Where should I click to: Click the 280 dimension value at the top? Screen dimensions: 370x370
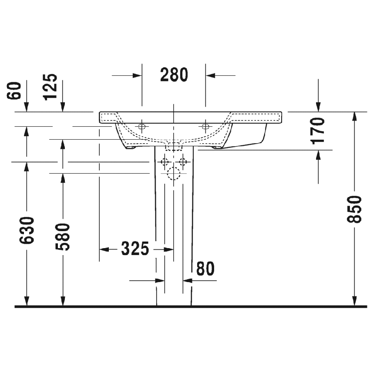point(174,75)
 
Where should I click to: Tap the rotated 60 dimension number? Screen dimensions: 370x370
point(15,91)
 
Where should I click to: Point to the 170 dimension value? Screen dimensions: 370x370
point(318,131)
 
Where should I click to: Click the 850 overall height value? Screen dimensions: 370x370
point(355,209)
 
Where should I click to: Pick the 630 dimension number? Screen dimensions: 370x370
point(27,230)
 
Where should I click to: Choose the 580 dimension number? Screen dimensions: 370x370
point(63,237)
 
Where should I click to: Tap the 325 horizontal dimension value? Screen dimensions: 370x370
point(135,249)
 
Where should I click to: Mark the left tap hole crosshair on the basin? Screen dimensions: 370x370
point(141,127)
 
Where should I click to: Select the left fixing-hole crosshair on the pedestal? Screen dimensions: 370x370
point(165,162)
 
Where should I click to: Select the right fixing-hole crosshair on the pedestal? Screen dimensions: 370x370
point(183,162)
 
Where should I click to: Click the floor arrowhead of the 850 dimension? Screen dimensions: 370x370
point(355,301)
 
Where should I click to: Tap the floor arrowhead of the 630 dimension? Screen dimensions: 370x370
point(27,301)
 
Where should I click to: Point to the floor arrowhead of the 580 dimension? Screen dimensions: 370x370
point(63,301)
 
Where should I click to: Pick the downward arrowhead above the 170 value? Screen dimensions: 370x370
point(318,107)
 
